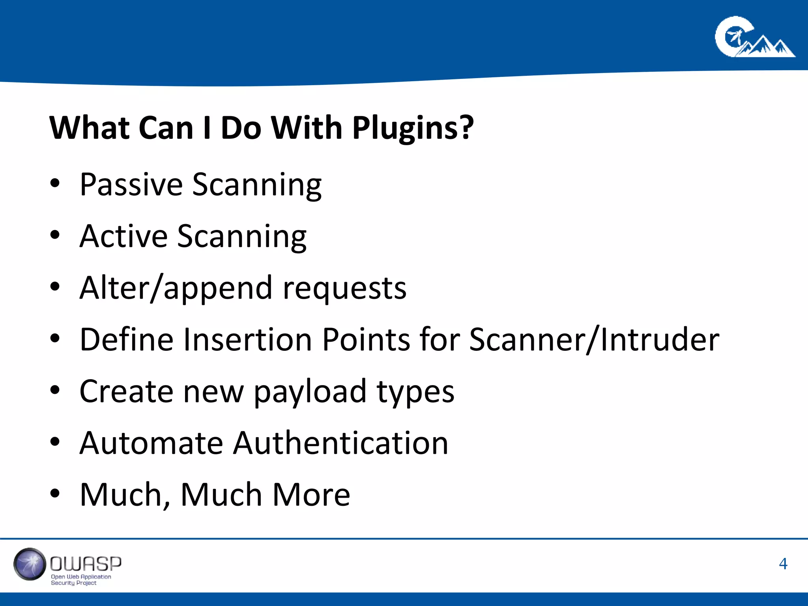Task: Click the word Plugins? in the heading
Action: coord(413,128)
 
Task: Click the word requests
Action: coord(344,288)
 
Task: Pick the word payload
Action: coord(310,391)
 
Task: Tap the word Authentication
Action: coord(340,443)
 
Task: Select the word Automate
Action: coord(151,443)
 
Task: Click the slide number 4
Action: coord(783,564)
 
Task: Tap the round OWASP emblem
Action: coord(30,564)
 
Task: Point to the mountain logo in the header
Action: coord(754,38)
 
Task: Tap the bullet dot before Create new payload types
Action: coord(55,390)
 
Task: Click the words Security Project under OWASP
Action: coord(74,583)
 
